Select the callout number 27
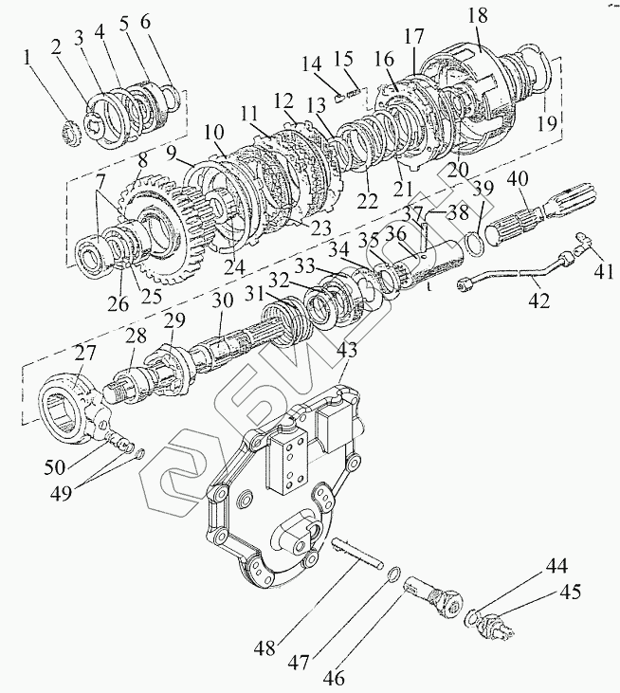(x=84, y=353)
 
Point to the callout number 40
(x=518, y=181)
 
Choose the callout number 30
(x=222, y=301)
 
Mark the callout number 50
(x=55, y=466)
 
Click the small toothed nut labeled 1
(x=71, y=135)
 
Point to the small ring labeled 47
(x=392, y=574)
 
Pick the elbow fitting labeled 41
(x=581, y=244)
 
